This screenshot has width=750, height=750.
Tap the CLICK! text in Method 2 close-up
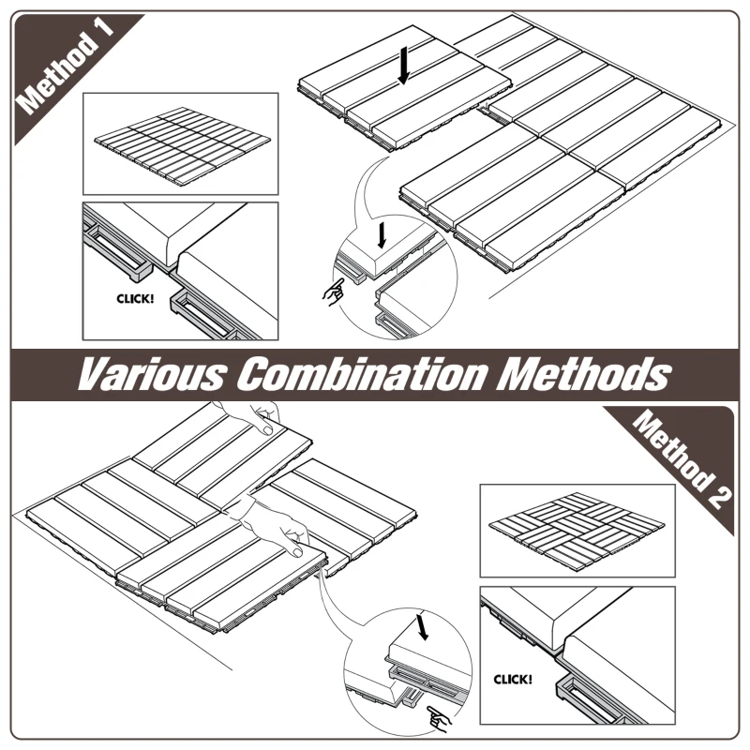pos(513,678)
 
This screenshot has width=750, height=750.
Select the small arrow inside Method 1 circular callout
pos(379,232)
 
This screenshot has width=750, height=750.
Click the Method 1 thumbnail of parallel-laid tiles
pos(180,142)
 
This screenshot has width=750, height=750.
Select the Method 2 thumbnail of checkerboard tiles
pos(576,531)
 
